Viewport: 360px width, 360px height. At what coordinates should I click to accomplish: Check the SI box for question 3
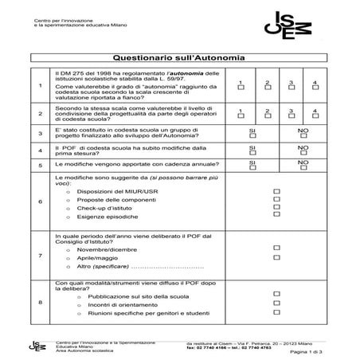[x=252, y=135]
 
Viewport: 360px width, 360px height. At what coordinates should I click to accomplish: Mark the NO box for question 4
[x=303, y=153]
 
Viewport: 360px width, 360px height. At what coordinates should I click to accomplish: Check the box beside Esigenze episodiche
[x=277, y=214]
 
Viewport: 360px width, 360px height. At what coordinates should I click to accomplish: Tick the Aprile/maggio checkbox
[x=277, y=258]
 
